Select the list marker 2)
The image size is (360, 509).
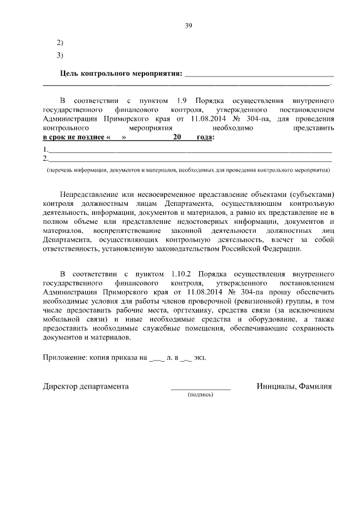61,43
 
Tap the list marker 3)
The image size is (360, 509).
61,55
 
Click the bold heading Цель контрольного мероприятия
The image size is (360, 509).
121,74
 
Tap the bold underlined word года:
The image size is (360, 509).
205,138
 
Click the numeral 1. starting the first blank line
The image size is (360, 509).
46,150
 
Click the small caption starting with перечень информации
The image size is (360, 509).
188,169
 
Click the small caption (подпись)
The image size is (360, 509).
200,395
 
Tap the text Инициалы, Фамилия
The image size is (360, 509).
294,386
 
